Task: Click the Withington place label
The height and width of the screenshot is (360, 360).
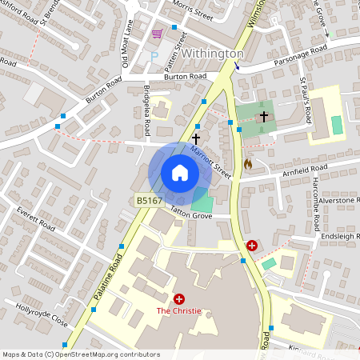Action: click(x=212, y=53)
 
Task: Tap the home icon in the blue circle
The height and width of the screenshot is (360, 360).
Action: click(x=180, y=172)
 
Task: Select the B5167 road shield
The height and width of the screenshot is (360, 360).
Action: click(x=149, y=201)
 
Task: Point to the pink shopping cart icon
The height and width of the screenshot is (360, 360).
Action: click(x=158, y=34)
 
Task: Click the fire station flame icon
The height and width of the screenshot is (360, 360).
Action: click(x=248, y=164)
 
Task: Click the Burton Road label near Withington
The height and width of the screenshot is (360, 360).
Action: click(x=187, y=77)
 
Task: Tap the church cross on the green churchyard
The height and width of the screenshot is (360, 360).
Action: click(x=264, y=118)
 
